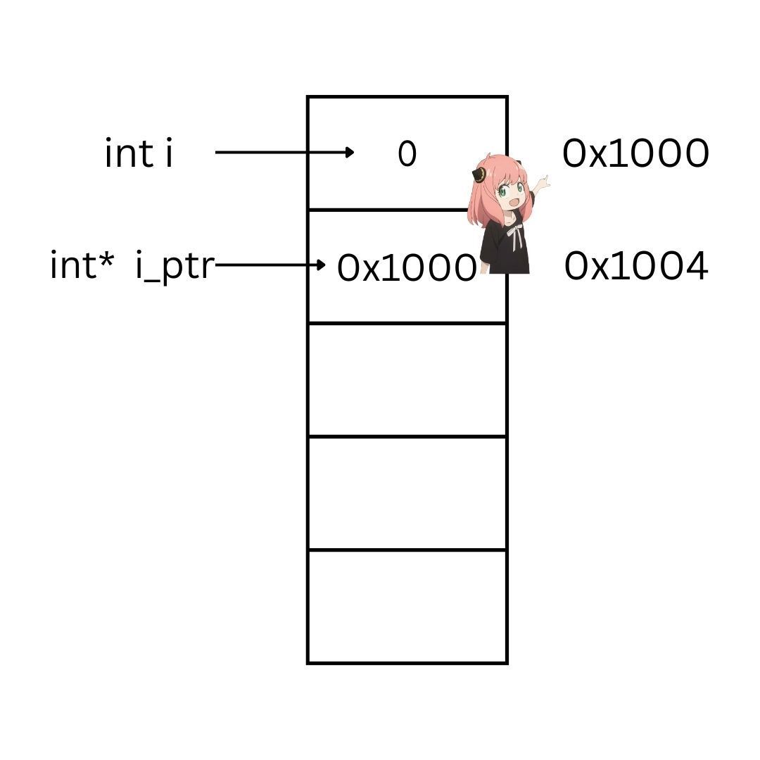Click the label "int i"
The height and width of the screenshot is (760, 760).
pos(139,153)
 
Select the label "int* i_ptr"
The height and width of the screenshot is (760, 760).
pos(131,267)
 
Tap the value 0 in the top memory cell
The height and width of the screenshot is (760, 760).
pos(407,154)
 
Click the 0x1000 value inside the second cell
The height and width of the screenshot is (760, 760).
pos(406,268)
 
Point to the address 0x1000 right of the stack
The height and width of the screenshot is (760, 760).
pos(635,153)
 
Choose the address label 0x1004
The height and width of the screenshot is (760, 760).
pos(635,267)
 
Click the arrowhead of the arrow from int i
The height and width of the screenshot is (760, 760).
pos(350,152)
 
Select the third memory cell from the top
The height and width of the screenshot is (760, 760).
pos(407,380)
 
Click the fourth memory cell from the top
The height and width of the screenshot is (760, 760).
pos(407,493)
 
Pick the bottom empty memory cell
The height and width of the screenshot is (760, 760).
pos(407,607)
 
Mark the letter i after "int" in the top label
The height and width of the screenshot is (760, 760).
pos(168,153)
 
